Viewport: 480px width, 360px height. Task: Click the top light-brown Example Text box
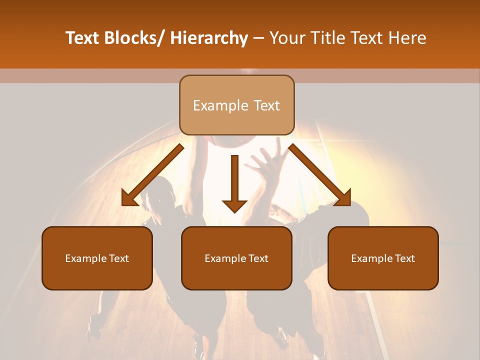pos(236,105)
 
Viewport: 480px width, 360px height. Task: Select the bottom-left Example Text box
pos(97,258)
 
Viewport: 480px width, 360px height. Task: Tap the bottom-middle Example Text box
pos(236,258)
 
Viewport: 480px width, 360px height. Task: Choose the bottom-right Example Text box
pos(383,258)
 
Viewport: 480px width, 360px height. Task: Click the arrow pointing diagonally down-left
pos(153,175)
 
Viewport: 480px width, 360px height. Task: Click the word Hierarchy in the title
pos(209,38)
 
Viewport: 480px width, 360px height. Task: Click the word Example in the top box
pos(220,105)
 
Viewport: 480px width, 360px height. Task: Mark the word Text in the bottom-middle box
pos(257,258)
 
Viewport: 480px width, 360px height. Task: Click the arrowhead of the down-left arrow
pos(129,198)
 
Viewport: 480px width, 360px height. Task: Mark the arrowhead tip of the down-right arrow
pos(349,204)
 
